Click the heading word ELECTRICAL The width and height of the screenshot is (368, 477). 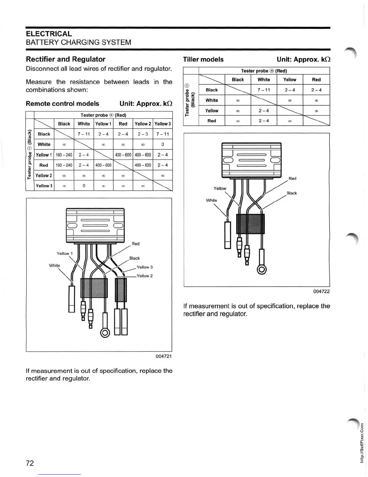(49, 34)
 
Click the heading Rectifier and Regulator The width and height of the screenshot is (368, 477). (66, 59)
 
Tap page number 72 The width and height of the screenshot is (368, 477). (30, 463)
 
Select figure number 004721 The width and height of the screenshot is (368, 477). (164, 356)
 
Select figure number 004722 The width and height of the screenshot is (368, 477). (321, 291)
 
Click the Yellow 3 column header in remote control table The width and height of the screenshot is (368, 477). (163, 124)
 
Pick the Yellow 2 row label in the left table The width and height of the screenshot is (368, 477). (44, 176)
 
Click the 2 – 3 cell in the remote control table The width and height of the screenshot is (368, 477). (143, 134)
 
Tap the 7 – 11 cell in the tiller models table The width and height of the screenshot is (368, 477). (264, 90)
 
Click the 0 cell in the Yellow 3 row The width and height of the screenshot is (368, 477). (84, 186)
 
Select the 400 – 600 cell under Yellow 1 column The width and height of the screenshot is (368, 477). (103, 165)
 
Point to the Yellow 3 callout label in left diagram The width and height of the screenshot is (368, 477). (145, 267)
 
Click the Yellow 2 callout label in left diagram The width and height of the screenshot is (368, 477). (145, 276)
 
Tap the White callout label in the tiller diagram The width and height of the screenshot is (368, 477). (211, 200)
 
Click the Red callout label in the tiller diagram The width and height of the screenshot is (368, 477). (292, 179)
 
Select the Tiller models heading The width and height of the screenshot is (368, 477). (203, 59)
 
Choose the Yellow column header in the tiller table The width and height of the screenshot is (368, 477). (290, 79)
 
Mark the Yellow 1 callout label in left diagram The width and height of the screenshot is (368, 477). (65, 254)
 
